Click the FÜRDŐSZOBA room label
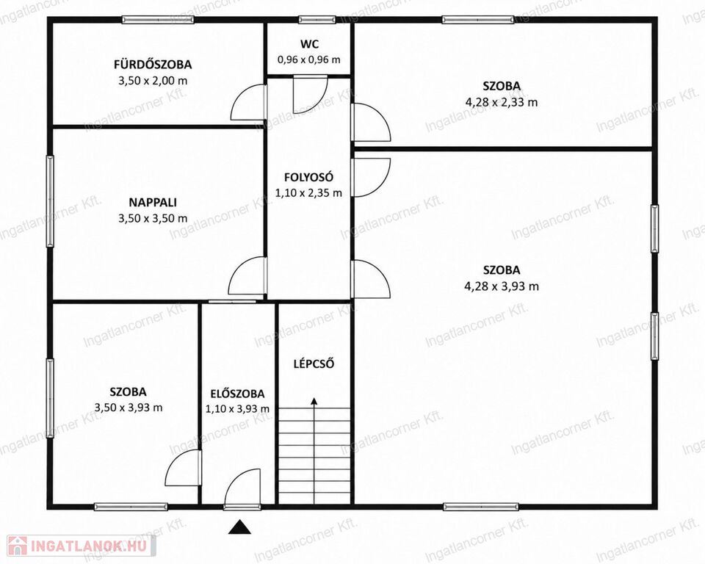tap(153, 65)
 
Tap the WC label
tap(310, 44)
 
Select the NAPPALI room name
tap(153, 203)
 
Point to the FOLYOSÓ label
tap(309, 177)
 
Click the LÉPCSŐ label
tap(314, 364)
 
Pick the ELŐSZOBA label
tap(237, 394)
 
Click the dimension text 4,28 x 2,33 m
tap(502, 102)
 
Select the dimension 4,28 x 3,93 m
tap(502, 286)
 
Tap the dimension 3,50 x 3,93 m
tap(129, 408)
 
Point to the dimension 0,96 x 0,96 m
tap(309, 59)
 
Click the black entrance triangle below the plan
tap(239, 527)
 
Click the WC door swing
tap(310, 95)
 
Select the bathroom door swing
tap(249, 102)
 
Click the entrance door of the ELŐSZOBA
tap(243, 489)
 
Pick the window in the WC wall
tap(317, 19)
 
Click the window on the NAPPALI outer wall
tap(51, 201)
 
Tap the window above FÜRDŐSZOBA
tap(159, 19)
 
